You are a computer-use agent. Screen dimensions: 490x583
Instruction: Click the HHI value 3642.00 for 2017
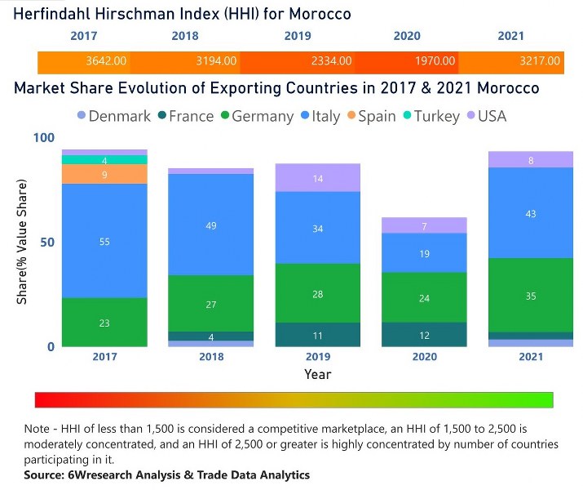[x=106, y=60]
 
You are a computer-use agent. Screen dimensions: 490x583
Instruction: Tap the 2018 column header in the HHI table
[x=185, y=36]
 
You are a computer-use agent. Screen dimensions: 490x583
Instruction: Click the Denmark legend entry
[x=113, y=116]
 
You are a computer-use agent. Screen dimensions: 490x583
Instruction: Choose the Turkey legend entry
[x=430, y=116]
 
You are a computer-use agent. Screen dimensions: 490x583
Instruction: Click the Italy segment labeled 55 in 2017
[x=104, y=241]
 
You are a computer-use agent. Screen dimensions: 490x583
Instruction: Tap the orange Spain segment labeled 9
[x=104, y=174]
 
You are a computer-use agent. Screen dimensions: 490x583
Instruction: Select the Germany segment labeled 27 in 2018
[x=210, y=304]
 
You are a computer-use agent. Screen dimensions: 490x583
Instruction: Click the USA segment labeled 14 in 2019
[x=317, y=178]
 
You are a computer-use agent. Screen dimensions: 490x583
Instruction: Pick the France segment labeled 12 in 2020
[x=423, y=335]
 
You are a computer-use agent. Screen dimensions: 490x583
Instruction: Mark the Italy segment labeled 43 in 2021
[x=530, y=213]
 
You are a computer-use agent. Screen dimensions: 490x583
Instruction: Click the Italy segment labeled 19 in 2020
[x=423, y=253]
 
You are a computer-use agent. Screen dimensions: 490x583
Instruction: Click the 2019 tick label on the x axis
[x=317, y=357]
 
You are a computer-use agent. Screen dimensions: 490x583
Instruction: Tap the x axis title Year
[x=318, y=374]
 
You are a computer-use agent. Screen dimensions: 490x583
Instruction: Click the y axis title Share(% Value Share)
[x=22, y=243]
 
